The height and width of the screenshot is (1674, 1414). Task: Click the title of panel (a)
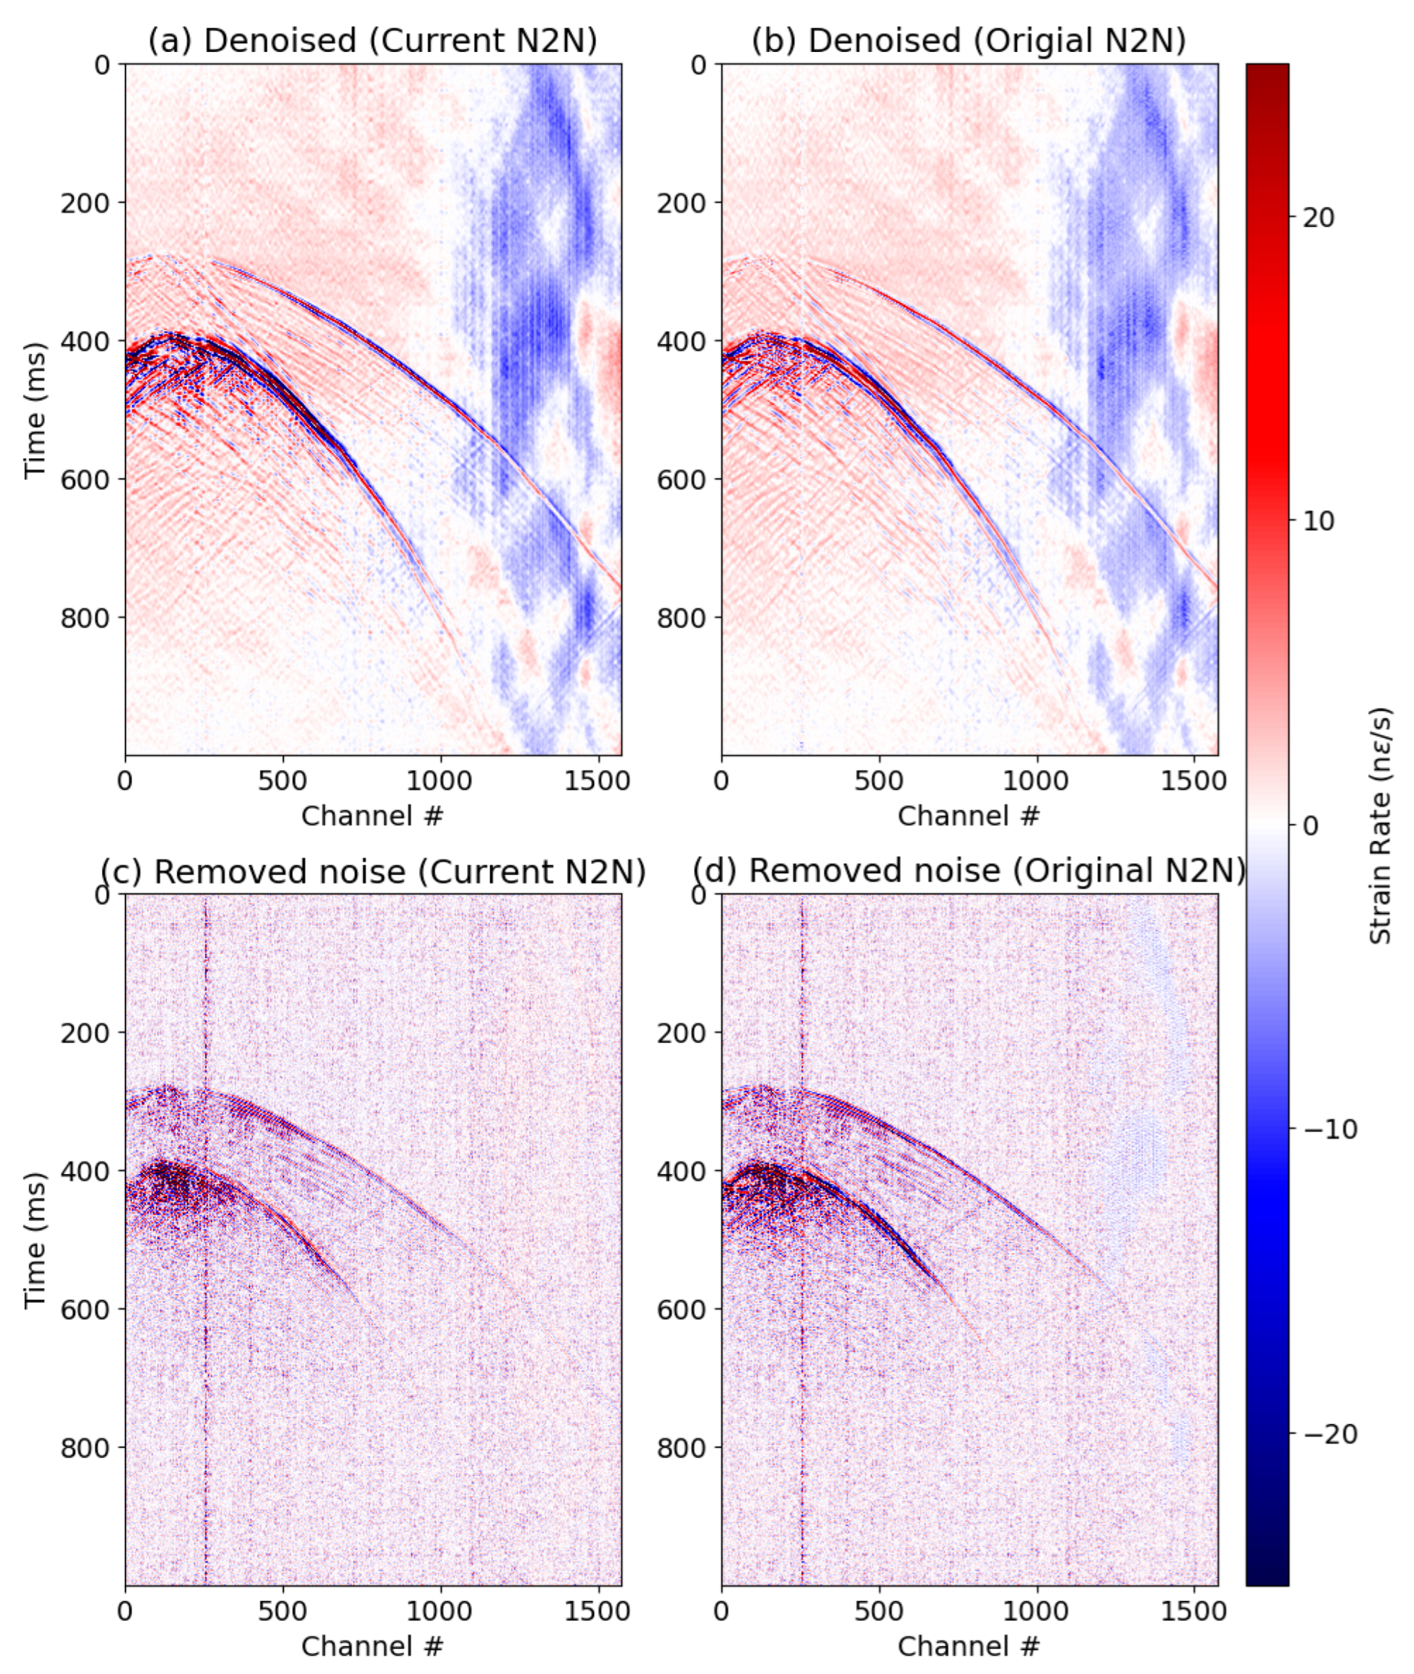pos(373,40)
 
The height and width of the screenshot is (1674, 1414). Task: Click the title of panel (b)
pos(969,40)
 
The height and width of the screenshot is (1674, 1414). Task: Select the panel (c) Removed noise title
pos(373,871)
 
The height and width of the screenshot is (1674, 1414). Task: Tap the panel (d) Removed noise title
pos(969,871)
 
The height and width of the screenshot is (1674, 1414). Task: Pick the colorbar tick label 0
pos(1311,826)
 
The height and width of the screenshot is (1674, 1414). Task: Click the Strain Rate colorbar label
pos(1380,826)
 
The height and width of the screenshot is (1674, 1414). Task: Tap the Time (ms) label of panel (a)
pos(34,409)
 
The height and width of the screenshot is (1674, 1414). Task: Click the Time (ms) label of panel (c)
pos(34,1239)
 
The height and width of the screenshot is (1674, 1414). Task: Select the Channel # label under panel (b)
pos(969,816)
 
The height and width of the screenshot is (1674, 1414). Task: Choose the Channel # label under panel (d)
pos(969,1646)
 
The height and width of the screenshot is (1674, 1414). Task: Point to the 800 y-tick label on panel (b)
pos(681,617)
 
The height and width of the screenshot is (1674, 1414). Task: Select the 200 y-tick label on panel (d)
pos(681,1032)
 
